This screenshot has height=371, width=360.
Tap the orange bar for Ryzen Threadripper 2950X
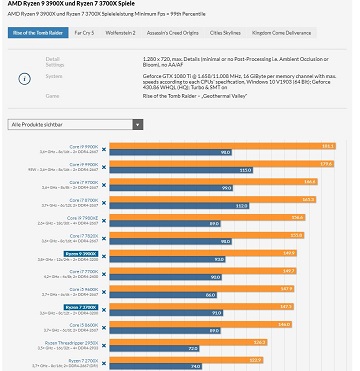[x=196, y=342]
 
